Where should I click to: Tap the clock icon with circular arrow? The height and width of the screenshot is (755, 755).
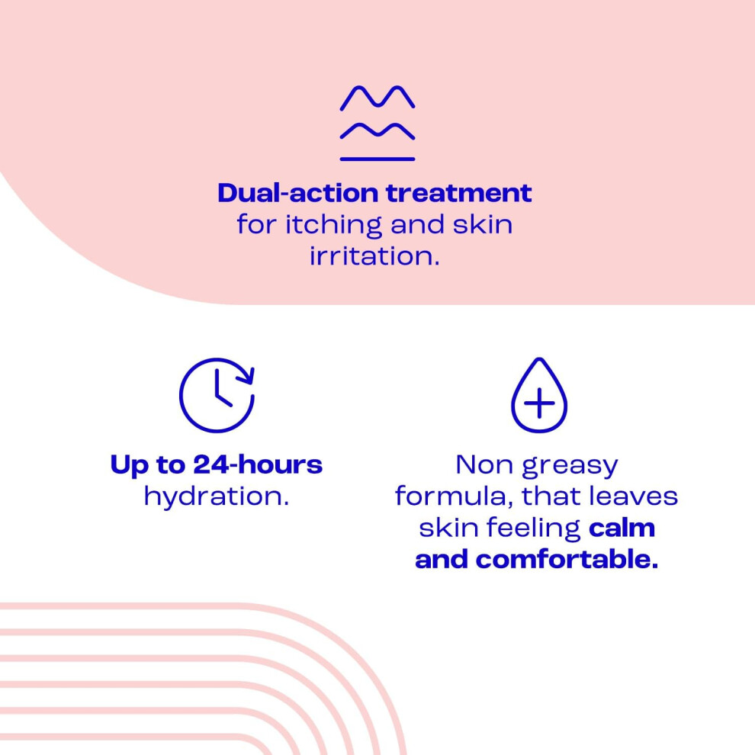pyautogui.click(x=217, y=395)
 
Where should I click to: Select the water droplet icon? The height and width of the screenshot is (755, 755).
pyautogui.click(x=539, y=395)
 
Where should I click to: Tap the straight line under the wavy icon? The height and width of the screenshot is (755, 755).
pyautogui.click(x=377, y=159)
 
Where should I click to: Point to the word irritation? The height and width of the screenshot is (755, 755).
pyautogui.click(x=374, y=255)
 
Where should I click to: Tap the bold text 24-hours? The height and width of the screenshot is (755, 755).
pyautogui.click(x=258, y=464)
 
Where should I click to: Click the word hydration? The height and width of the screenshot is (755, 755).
pyautogui.click(x=217, y=496)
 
